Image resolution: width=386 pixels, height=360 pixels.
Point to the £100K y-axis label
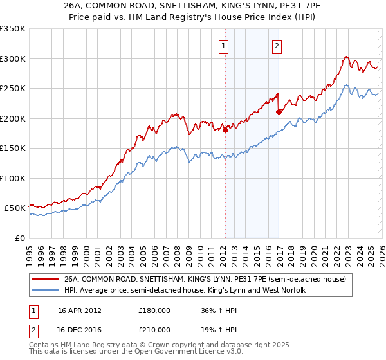click(13, 178)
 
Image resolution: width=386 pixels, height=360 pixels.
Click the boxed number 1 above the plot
click(223, 46)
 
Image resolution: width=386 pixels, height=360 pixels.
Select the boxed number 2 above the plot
click(277, 46)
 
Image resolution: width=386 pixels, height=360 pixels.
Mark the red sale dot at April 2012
click(225, 130)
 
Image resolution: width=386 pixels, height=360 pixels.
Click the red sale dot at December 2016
click(279, 112)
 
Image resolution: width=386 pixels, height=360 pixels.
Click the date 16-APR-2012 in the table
click(82, 310)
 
